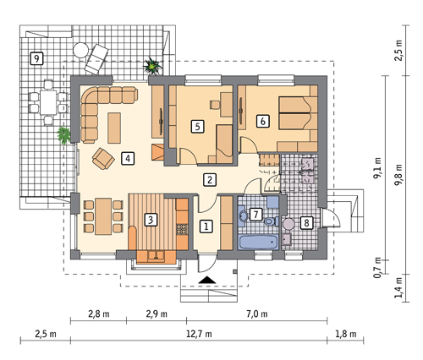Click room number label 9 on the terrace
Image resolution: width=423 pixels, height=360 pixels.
[36, 58]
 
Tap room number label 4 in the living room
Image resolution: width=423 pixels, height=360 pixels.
[128, 158]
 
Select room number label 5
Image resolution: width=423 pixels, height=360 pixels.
[197, 126]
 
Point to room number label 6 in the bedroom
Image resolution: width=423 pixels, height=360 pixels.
[263, 121]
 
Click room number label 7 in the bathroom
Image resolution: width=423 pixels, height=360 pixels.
[255, 215]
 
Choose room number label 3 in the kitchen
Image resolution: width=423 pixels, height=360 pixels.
[151, 219]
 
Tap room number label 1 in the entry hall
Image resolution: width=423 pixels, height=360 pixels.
[206, 226]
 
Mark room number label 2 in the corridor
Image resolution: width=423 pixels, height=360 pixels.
[210, 179]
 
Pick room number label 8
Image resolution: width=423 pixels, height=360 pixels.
[306, 222]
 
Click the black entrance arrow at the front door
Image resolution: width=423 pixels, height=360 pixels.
[207, 280]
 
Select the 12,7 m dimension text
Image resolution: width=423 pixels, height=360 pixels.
[199, 334]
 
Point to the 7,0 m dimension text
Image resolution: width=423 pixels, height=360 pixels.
[257, 314]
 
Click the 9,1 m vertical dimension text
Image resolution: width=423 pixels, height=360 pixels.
[377, 168]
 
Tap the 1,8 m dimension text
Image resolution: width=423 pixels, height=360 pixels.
[346, 334]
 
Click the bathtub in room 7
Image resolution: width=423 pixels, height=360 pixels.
[259, 242]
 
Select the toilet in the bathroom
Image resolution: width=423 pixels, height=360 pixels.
[271, 221]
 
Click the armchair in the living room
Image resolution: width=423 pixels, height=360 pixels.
[103, 159]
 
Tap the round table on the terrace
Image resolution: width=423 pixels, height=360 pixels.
[81, 50]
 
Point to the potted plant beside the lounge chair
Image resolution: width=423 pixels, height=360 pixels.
[152, 67]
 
